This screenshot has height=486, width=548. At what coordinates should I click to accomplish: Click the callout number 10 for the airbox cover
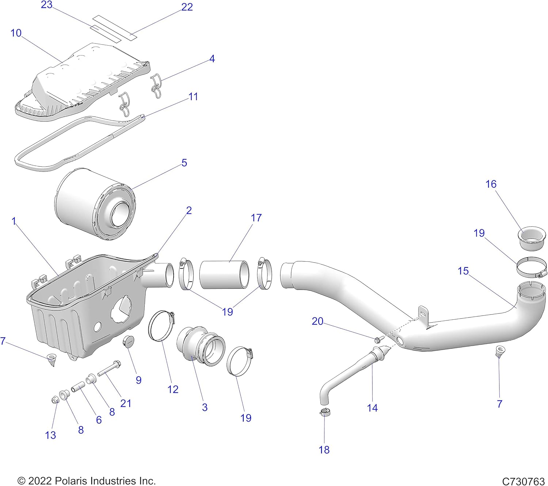coord(16,33)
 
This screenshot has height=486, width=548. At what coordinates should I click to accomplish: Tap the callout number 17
coord(256,218)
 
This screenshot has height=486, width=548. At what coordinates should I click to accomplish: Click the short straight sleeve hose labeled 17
coord(224,274)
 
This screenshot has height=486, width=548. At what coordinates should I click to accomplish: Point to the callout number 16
coord(491,184)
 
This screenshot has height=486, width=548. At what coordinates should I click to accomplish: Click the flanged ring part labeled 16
coord(531,239)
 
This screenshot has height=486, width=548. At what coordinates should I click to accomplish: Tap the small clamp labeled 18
coord(325,413)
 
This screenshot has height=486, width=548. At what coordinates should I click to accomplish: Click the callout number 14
coord(372,408)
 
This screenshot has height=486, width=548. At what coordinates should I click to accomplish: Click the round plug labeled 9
coord(128,342)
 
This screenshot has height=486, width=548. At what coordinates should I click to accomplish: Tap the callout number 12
coord(173,390)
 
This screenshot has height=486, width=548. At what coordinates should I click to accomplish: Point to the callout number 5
coord(184,163)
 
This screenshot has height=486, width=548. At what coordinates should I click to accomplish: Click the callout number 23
coord(46,5)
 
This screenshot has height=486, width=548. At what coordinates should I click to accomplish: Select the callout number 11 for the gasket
coord(193,97)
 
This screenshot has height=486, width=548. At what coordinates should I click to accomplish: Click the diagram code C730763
coord(523,481)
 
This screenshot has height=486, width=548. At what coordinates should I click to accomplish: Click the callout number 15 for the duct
coord(463,271)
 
